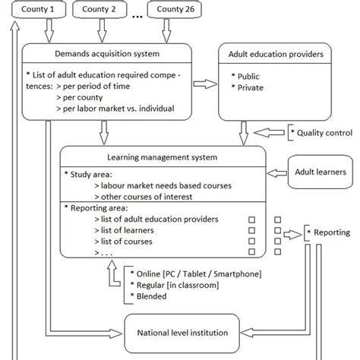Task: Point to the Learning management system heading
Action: (x=163, y=157)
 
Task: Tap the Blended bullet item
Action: (x=152, y=298)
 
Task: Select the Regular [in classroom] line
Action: (x=173, y=286)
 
